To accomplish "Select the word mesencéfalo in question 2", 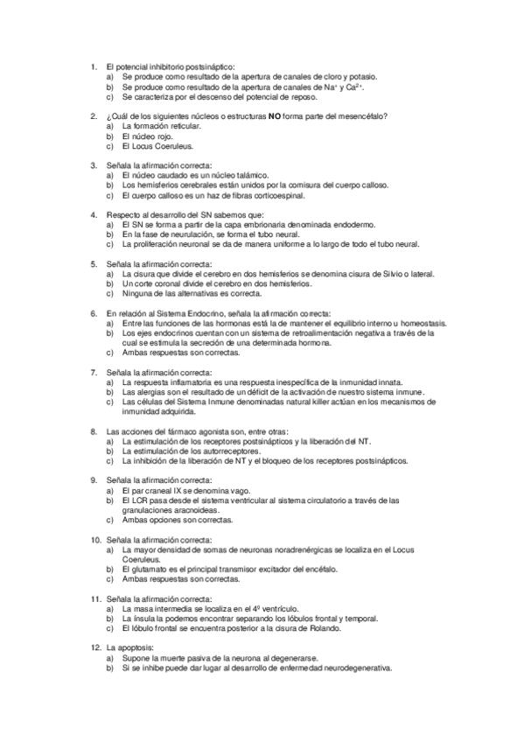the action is (x=362, y=116).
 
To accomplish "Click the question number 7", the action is (x=94, y=372).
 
